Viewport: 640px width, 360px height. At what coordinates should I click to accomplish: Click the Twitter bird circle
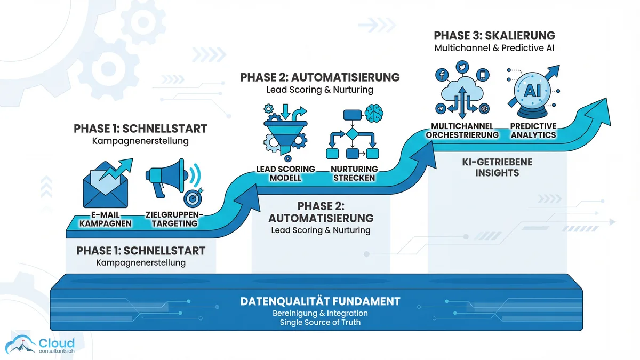click(x=462, y=68)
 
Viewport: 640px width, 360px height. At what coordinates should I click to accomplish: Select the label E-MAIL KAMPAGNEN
click(x=105, y=219)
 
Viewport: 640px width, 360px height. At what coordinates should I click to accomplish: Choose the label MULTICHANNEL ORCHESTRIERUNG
click(x=462, y=131)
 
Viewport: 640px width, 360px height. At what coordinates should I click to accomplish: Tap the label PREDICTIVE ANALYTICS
click(x=533, y=131)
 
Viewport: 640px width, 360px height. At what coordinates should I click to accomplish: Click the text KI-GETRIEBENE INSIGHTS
click(x=498, y=167)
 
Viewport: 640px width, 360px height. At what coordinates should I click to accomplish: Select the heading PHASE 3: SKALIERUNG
click(x=494, y=36)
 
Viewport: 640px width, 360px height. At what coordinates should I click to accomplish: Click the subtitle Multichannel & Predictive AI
click(x=494, y=49)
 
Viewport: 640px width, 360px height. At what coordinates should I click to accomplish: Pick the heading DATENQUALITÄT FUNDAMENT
click(x=320, y=301)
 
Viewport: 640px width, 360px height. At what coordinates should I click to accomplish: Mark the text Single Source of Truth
click(x=320, y=322)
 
